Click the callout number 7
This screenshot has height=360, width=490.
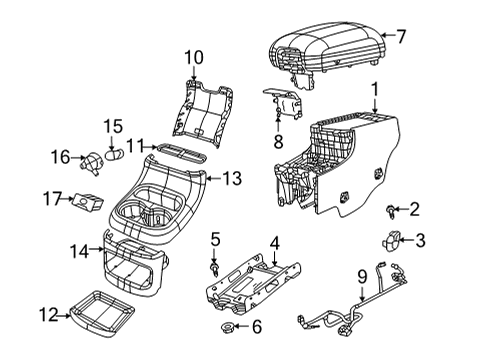point(401,37)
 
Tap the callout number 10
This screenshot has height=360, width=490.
point(193,57)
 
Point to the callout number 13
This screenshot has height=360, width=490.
point(232,179)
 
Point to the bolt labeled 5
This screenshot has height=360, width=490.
point(215,268)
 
